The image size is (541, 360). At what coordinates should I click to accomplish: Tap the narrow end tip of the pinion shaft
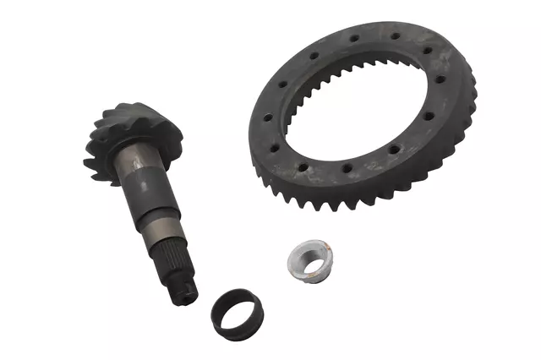coord(187,292)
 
